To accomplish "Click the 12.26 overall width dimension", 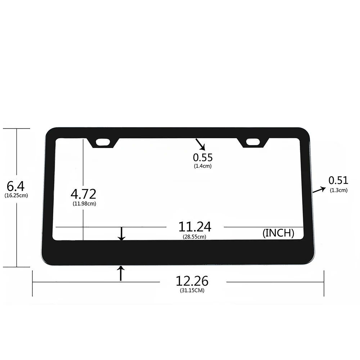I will tap(192, 281).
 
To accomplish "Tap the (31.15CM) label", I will tap(192, 291).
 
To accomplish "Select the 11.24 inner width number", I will tap(195, 227).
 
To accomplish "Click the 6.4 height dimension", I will tap(15, 186).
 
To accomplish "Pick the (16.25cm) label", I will tap(16, 195).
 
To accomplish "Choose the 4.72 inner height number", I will tap(83, 194).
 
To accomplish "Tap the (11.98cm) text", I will tap(84, 203).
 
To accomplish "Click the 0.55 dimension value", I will tap(203, 157).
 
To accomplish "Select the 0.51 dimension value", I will tap(338, 180).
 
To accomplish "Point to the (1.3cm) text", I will tap(339, 190).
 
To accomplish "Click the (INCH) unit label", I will tap(278, 233).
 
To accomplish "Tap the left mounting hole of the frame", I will tap(104, 142).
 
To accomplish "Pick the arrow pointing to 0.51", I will tap(319, 190).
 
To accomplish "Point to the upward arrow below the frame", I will tap(121, 273).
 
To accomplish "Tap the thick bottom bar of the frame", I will tap(180, 252).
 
